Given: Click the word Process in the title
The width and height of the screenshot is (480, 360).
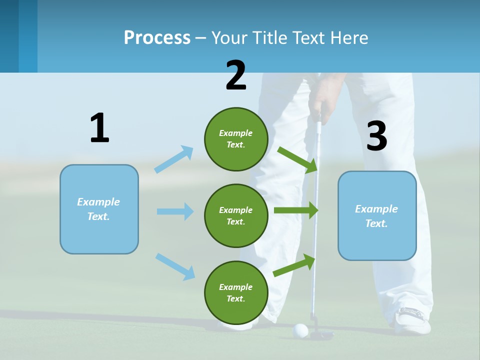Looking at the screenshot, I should point(157,37).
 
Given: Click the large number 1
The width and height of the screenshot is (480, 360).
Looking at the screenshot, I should point(99,128).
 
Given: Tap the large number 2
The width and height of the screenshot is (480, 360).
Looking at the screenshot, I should point(236,75).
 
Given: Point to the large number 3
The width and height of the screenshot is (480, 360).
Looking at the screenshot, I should point(377,136).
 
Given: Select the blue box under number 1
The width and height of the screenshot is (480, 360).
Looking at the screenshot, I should point(99,209).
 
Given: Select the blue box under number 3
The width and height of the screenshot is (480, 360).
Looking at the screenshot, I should point(377,215).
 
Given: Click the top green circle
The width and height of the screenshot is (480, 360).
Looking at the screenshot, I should point(236,139).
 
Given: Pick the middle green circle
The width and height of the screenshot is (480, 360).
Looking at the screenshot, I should point(236,215).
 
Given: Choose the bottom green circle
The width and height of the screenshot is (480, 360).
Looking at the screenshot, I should point(236,292).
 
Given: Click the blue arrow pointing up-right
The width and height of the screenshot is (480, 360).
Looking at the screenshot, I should point(174,159).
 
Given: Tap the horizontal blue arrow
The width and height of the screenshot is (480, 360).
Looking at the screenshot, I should point(175,211).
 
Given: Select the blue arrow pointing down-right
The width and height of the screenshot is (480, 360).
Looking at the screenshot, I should point(175,266).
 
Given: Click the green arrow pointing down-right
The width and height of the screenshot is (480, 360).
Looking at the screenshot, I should point(298,159).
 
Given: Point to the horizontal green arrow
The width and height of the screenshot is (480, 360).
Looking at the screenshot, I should point(296,210).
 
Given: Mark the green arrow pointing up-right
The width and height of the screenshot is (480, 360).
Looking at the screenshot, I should point(294,265).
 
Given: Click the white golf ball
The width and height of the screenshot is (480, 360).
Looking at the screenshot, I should point(300,330).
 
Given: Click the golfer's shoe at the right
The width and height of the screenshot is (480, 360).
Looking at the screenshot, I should point(413,320).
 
